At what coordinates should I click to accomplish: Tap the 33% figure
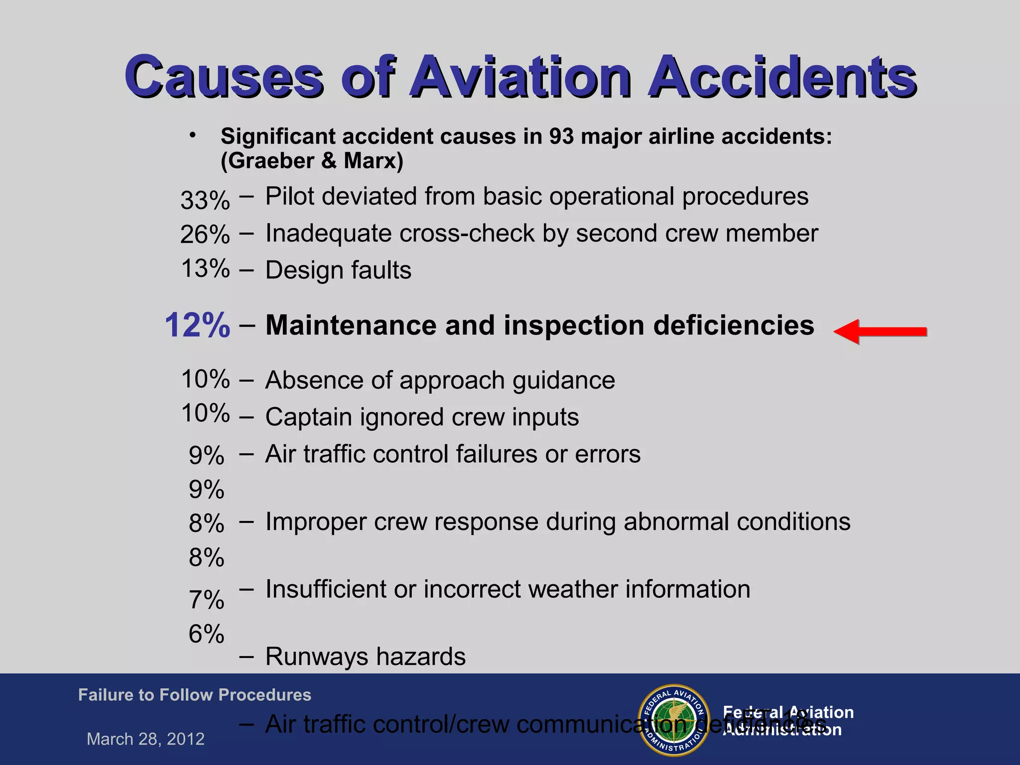coord(205,200)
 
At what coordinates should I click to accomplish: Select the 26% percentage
coord(205,234)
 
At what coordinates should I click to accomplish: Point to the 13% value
coord(205,268)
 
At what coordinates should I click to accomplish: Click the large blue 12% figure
coord(197,325)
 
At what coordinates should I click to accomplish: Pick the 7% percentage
coord(206,600)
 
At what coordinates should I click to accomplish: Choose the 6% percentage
coord(206,634)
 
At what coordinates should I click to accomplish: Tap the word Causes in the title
coord(224,77)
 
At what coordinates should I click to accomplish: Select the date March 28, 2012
coord(145,739)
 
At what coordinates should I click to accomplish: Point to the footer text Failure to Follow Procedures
coord(194,695)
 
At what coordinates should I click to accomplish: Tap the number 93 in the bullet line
coord(561,136)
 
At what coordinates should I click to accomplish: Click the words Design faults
coord(338,270)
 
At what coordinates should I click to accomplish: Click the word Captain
coord(308,417)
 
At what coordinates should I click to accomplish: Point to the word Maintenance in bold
coord(351,325)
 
